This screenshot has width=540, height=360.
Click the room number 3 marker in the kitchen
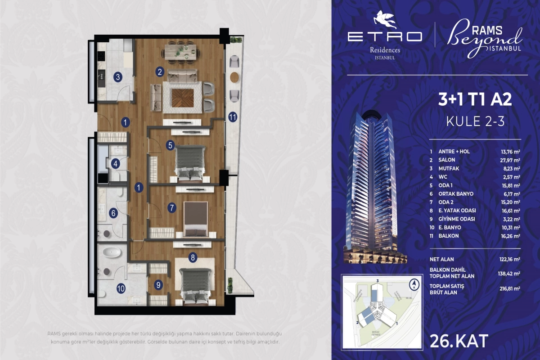coord(117,77)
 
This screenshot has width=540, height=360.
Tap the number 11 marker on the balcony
coord(233,117)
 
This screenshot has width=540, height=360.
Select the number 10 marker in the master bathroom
coord(121,288)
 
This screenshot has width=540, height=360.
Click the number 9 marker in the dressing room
coord(158,284)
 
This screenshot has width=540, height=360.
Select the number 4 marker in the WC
coord(116,164)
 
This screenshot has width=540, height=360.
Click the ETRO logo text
coord(385,36)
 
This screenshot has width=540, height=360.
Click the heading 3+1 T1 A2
coord(475,100)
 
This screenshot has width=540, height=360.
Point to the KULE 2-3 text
coord(475,121)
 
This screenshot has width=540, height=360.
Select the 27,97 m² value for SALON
coord(512,160)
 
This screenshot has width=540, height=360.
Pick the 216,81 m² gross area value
coord(512,289)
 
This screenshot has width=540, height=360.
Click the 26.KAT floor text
coord(459,341)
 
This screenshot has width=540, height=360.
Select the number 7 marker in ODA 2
coord(171,208)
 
